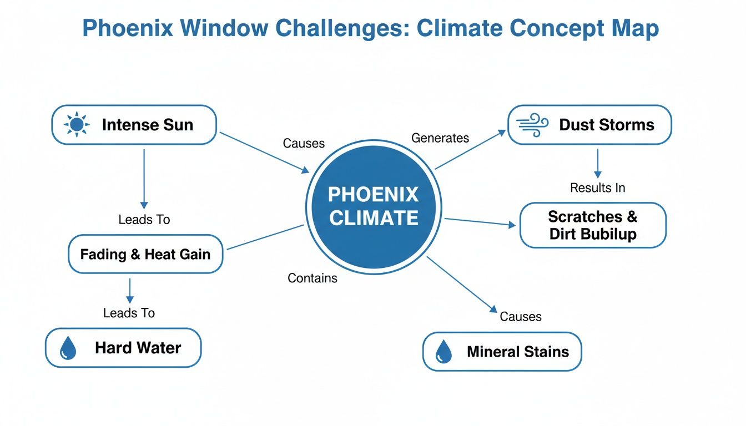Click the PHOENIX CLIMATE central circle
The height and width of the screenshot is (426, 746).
pyautogui.click(x=373, y=207)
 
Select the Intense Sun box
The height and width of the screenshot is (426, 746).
pyautogui.click(x=134, y=125)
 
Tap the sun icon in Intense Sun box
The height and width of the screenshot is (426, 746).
pyautogui.click(x=76, y=125)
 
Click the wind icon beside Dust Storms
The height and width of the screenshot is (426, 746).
pyautogui.click(x=532, y=125)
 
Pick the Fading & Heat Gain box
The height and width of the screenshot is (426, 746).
pyautogui.click(x=145, y=255)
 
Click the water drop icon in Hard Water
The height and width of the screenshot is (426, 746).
pyautogui.click(x=68, y=348)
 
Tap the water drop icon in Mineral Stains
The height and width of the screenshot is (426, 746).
pyautogui.click(x=443, y=352)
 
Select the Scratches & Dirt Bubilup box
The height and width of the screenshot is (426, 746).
pyautogui.click(x=593, y=225)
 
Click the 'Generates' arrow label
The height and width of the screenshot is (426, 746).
pyautogui.click(x=440, y=138)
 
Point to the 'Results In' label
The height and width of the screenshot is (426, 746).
pyautogui.click(x=598, y=188)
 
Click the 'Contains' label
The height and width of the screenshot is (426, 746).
pyautogui.click(x=312, y=278)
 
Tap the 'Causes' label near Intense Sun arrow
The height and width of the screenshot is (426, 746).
pyautogui.click(x=304, y=143)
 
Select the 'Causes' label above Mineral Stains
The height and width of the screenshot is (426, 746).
pyautogui.click(x=520, y=317)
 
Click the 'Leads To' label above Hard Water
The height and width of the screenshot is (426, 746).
pyautogui.click(x=129, y=313)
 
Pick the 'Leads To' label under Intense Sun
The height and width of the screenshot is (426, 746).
pyautogui.click(x=144, y=220)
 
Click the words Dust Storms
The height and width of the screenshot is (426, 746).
pyautogui.click(x=607, y=125)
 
